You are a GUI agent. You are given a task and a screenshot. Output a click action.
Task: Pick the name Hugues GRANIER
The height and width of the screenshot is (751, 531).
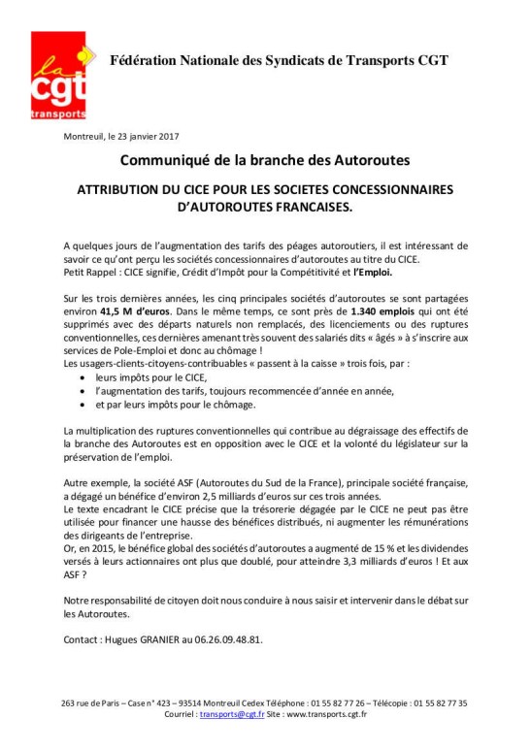[x=144, y=640]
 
